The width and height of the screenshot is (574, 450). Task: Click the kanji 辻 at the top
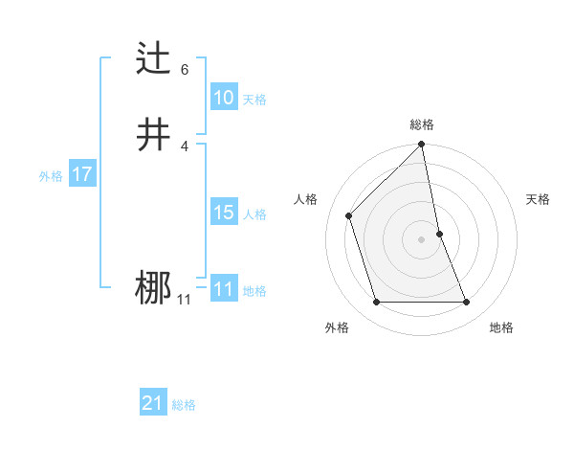coord(154,59)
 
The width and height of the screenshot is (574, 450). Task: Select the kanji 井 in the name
coord(154,134)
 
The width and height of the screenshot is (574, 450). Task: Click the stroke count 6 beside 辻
coord(185,70)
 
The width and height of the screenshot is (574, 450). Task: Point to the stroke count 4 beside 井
coord(185,145)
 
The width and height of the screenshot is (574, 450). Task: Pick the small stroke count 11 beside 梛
coord(184,300)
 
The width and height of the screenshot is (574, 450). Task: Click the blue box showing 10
coord(223,98)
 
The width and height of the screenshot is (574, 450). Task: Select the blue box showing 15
coord(223,213)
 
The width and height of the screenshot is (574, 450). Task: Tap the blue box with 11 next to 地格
coord(223,289)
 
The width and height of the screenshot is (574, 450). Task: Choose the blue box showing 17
coord(81,174)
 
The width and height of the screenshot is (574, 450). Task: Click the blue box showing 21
coord(152,403)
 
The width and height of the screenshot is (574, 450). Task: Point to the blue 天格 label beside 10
coord(254,100)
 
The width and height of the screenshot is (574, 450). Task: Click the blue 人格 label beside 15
coord(254,214)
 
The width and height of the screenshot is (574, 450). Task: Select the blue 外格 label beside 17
coord(50,176)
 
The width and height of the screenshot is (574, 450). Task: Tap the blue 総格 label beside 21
coord(184,405)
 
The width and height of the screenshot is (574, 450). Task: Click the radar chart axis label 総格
coord(422,124)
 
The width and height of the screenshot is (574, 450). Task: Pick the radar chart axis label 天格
coord(538,199)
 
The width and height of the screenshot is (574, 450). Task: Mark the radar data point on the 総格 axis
coord(422,146)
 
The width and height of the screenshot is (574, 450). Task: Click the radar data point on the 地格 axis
coord(467,303)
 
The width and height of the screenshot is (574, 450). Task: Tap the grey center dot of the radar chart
coord(422,238)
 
